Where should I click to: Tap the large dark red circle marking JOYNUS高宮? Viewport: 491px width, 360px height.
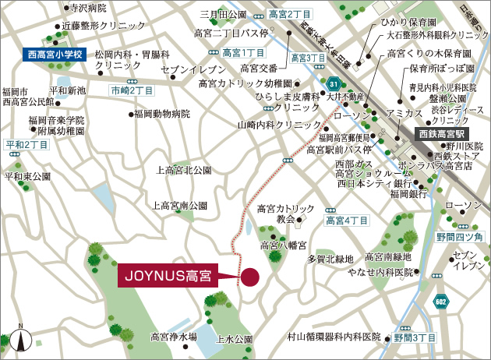click(250, 277)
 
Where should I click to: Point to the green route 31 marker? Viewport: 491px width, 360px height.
click(334, 84)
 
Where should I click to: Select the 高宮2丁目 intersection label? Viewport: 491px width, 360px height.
click(290, 14)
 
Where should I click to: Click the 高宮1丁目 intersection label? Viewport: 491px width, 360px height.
click(243, 53)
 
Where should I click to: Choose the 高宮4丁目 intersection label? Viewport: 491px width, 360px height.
click(347, 221)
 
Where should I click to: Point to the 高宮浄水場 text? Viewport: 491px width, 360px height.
click(174, 337)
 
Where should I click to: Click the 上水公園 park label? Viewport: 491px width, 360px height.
click(235, 340)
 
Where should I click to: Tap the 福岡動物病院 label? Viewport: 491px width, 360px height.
click(161, 114)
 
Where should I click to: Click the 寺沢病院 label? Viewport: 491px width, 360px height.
click(88, 9)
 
